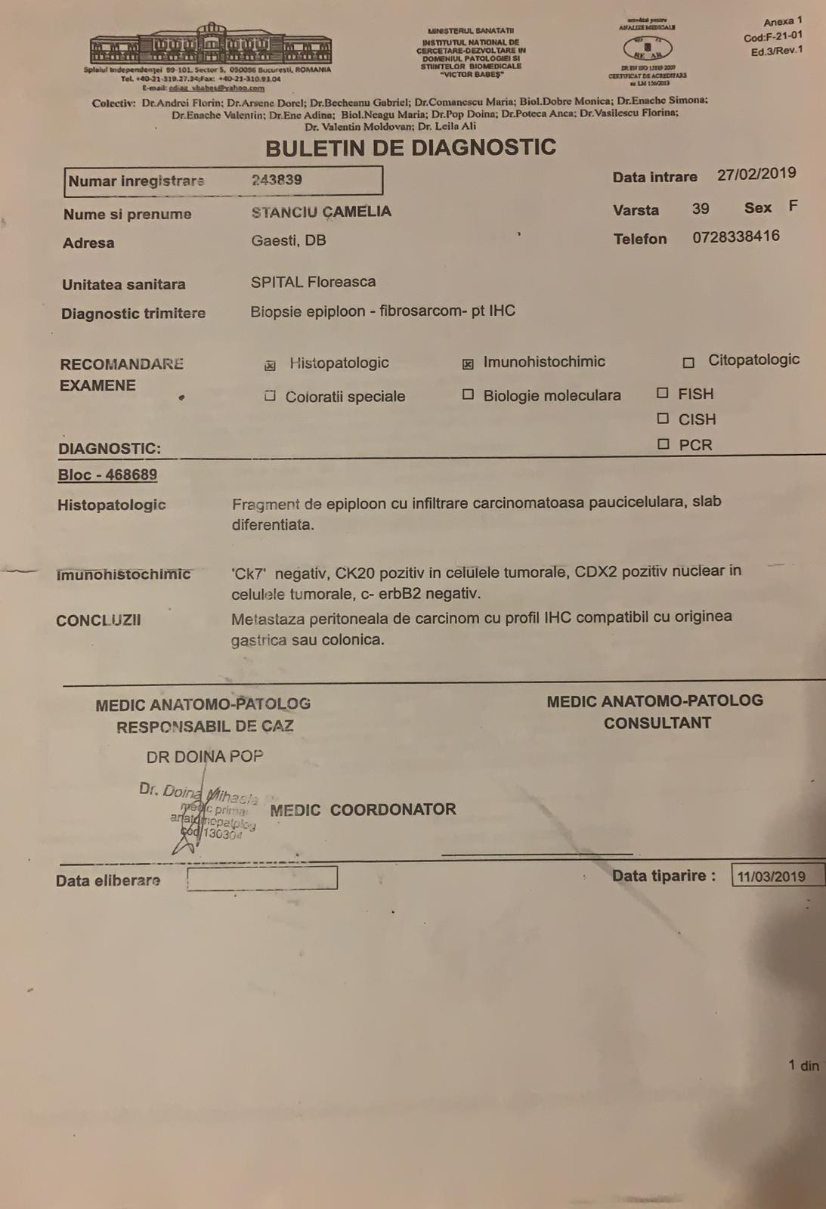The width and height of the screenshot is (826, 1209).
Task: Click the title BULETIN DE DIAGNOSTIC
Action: tap(410, 147)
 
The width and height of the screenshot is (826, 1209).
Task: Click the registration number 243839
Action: tap(277, 180)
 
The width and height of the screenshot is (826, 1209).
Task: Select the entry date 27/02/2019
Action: tap(756, 175)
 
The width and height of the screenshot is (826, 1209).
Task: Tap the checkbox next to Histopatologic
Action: tap(270, 366)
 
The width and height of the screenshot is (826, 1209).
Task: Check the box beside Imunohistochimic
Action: tap(468, 364)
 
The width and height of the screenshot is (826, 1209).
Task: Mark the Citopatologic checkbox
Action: tap(688, 363)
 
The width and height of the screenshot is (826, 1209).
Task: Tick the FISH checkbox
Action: tap(663, 393)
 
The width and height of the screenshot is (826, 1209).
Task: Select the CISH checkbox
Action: tap(663, 419)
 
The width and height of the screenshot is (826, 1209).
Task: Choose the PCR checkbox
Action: tap(663, 444)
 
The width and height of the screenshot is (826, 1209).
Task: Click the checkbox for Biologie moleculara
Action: tap(468, 394)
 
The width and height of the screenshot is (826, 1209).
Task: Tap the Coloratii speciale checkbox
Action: tap(270, 396)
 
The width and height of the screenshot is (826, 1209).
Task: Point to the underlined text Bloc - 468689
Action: tap(107, 475)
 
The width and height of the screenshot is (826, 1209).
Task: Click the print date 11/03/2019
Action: tap(771, 877)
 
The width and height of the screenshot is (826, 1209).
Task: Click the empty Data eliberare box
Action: tap(261, 879)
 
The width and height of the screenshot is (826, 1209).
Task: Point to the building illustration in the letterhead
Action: tap(211, 45)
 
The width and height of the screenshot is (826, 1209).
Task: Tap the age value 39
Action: tap(701, 209)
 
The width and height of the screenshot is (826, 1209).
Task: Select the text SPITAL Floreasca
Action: tap(313, 283)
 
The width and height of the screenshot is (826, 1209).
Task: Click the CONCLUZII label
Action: tap(98, 621)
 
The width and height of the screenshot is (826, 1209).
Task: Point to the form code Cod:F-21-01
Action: tap(773, 36)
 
